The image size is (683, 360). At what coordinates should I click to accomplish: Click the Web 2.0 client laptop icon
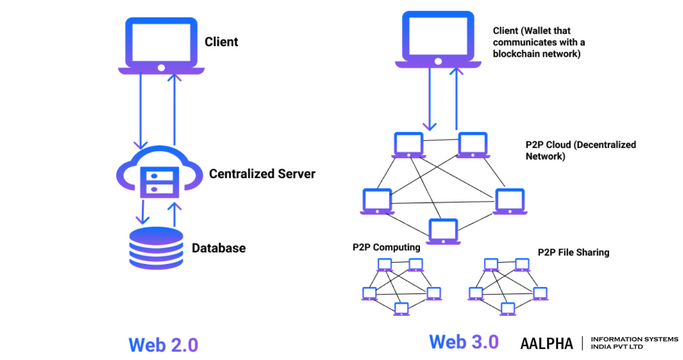tap(159, 45)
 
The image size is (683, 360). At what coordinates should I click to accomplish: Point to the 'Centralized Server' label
tap(262, 174)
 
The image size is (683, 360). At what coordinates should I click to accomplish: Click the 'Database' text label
tap(218, 248)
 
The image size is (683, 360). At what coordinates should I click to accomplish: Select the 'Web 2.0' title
tap(163, 344)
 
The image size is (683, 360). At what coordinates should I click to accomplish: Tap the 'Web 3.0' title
tap(464, 342)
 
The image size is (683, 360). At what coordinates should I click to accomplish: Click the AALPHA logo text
tap(546, 343)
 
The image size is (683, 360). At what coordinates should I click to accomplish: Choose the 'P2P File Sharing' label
tap(573, 253)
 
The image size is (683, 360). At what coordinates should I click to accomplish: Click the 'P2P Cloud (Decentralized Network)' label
tap(580, 150)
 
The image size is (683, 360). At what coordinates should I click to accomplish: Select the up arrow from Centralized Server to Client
tap(175, 111)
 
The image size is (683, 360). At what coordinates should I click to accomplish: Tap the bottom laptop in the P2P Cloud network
tap(441, 230)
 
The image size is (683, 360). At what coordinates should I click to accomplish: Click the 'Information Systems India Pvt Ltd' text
tap(632, 343)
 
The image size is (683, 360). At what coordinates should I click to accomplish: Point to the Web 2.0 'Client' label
tap(221, 42)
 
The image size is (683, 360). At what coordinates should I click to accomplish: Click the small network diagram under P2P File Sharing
tap(504, 284)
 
